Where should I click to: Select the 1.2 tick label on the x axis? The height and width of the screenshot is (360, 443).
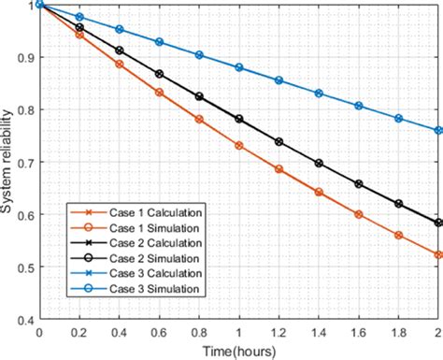(279, 333)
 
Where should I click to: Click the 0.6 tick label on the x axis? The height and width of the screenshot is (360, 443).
(159, 333)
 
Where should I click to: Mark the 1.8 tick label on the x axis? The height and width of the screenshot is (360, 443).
(398, 333)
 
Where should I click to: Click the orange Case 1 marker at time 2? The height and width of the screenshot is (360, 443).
(438, 254)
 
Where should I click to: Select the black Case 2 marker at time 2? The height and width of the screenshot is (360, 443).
(438, 223)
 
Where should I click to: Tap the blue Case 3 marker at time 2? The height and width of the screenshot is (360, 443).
(438, 131)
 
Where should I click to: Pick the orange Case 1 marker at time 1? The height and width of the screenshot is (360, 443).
(239, 146)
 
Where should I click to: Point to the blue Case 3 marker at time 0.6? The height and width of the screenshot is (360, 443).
(159, 42)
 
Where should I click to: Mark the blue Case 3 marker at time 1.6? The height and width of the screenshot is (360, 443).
(359, 106)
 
